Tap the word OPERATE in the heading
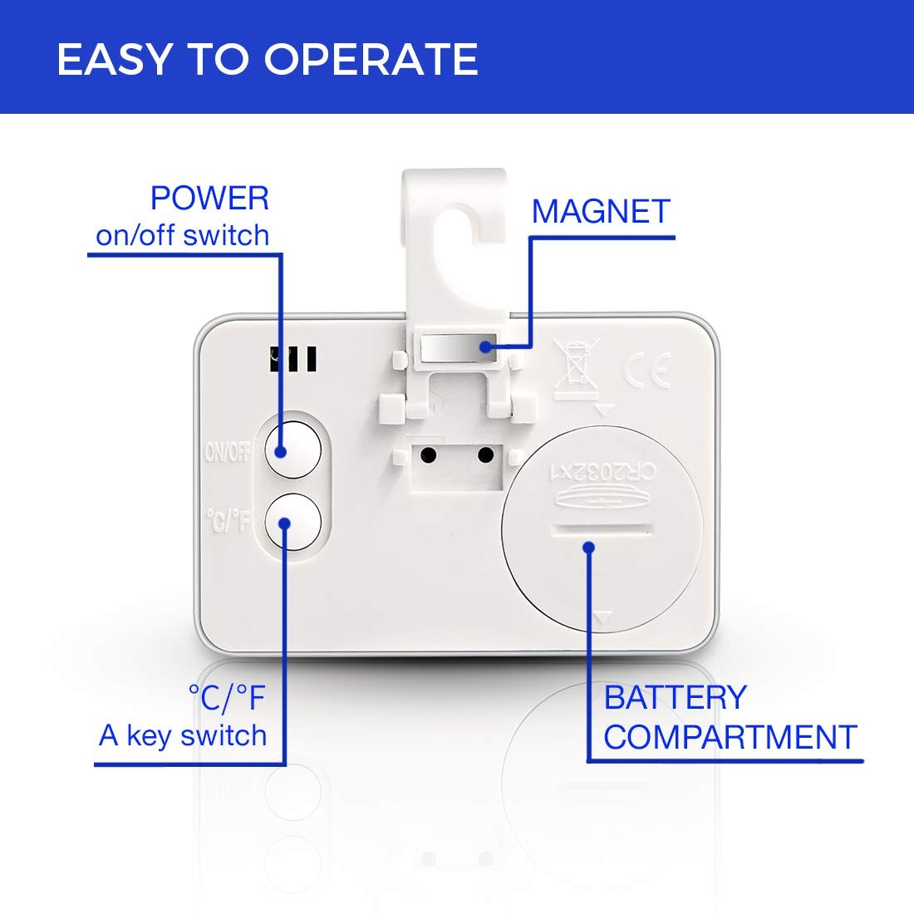(371, 60)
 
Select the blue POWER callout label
(210, 199)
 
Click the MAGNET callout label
(601, 211)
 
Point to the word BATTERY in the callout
(675, 697)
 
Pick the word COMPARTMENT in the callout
(730, 737)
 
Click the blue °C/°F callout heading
(228, 698)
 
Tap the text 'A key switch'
(183, 735)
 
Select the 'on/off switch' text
(183, 235)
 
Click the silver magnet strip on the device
(458, 348)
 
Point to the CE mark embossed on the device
(647, 370)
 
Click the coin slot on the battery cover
(602, 530)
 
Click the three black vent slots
(293, 359)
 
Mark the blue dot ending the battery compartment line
(589, 548)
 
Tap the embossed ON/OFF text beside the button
(228, 452)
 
